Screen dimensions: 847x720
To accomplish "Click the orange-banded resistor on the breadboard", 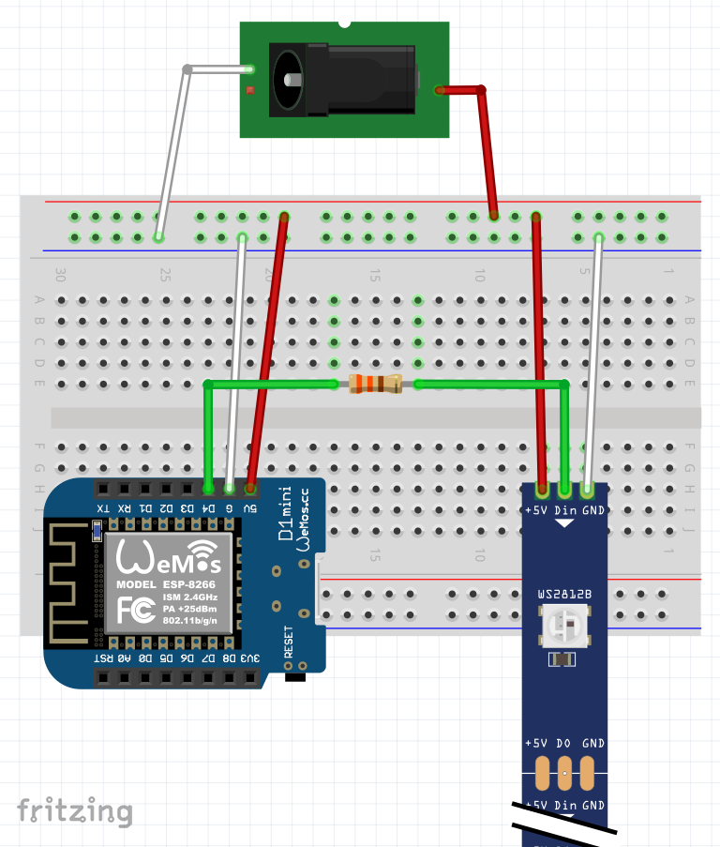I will point(375,384).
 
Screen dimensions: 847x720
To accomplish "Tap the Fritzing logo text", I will point(74,811).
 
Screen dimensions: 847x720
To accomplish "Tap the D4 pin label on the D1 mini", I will point(208,508).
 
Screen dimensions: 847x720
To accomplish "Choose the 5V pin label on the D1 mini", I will point(250,508).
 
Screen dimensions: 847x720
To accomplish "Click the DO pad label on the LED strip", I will point(564,743).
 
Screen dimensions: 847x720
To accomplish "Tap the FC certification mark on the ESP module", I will point(132,611).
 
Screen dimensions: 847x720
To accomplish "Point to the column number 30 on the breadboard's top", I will point(61,276).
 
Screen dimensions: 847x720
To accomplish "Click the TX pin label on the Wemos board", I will point(101,508).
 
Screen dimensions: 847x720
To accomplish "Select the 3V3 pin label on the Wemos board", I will point(250,658).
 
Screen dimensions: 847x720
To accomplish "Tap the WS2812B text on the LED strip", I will point(563,595).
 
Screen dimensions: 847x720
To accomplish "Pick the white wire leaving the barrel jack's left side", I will point(173,150).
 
